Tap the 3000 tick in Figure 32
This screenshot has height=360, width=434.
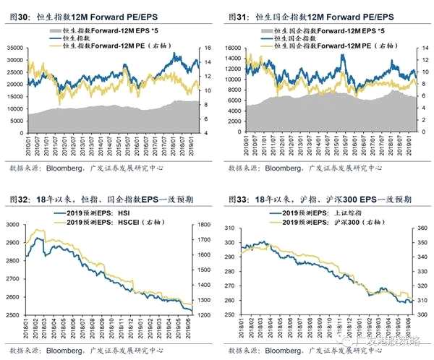point(16,226)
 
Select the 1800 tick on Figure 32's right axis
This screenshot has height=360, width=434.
point(204,226)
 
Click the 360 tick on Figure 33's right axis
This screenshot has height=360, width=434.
point(422,226)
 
